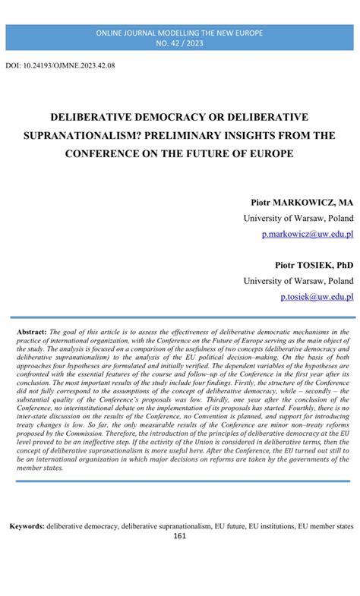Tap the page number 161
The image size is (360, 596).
pos(180,536)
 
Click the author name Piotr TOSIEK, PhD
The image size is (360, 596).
pos(314,264)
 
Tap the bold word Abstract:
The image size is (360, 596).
pos(31,333)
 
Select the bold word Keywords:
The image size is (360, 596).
pos(27,525)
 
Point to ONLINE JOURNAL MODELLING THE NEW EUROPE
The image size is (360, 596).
pos(180,34)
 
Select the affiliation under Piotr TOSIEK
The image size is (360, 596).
pos(298,280)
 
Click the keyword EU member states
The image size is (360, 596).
pos(326,525)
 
